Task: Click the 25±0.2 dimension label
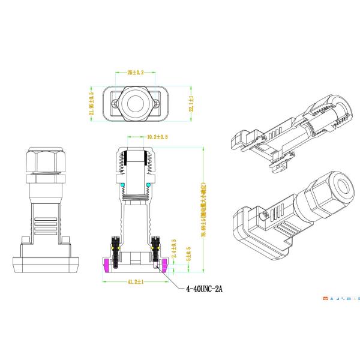point(136,72)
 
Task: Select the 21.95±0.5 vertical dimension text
point(92,103)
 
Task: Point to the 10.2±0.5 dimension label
point(157,137)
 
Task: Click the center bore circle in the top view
point(136,103)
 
